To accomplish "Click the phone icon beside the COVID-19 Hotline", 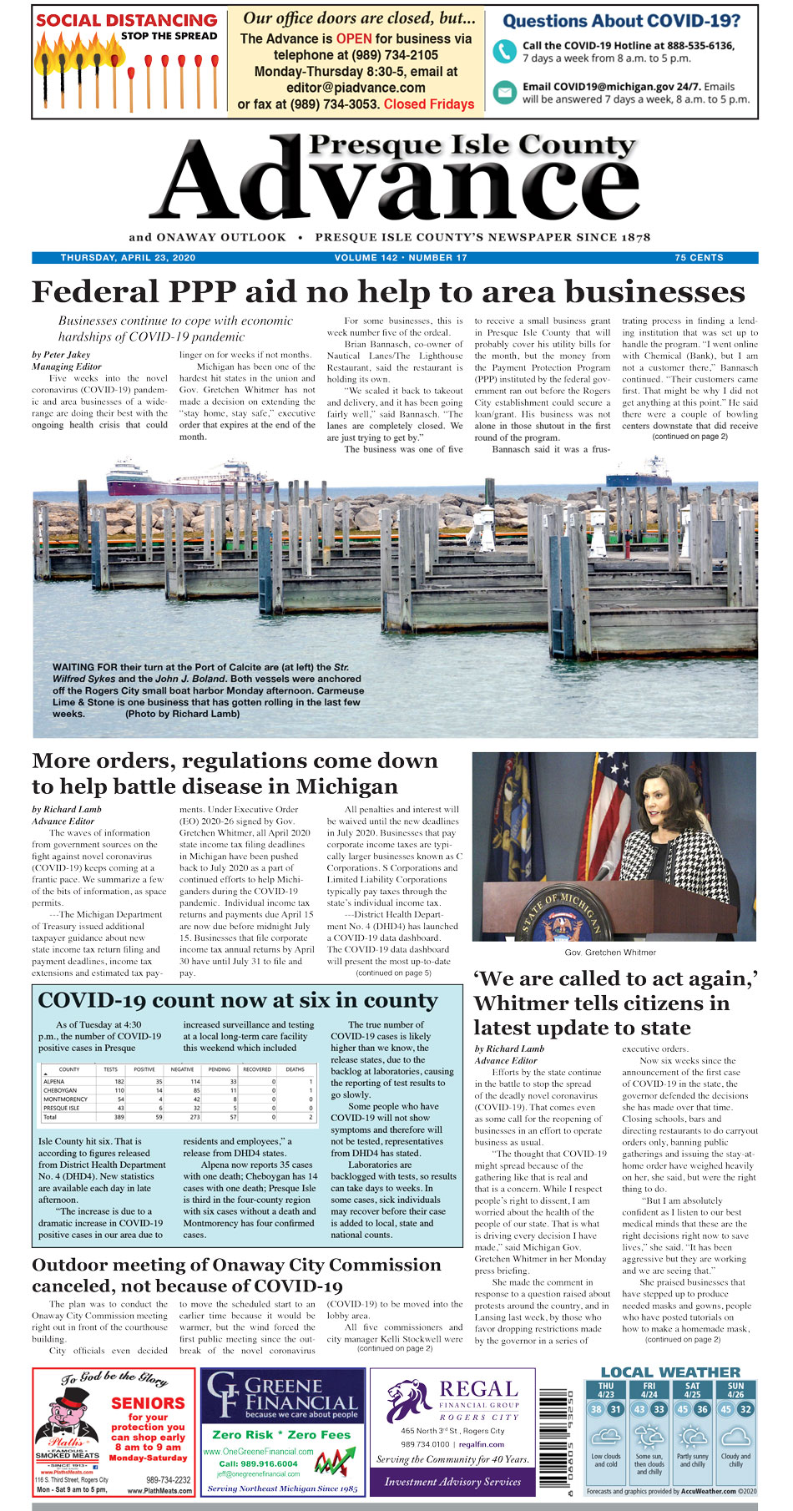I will point(504,52).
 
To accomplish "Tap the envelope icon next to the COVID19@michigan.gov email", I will point(504,92).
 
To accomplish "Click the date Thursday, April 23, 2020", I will point(128,258).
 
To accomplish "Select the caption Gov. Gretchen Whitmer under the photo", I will point(610,953).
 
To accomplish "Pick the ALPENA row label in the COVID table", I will point(54,1081).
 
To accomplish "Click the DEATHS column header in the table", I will point(295,1069).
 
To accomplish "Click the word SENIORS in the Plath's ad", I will point(148,1403).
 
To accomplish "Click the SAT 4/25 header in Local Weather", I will point(693,1390).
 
